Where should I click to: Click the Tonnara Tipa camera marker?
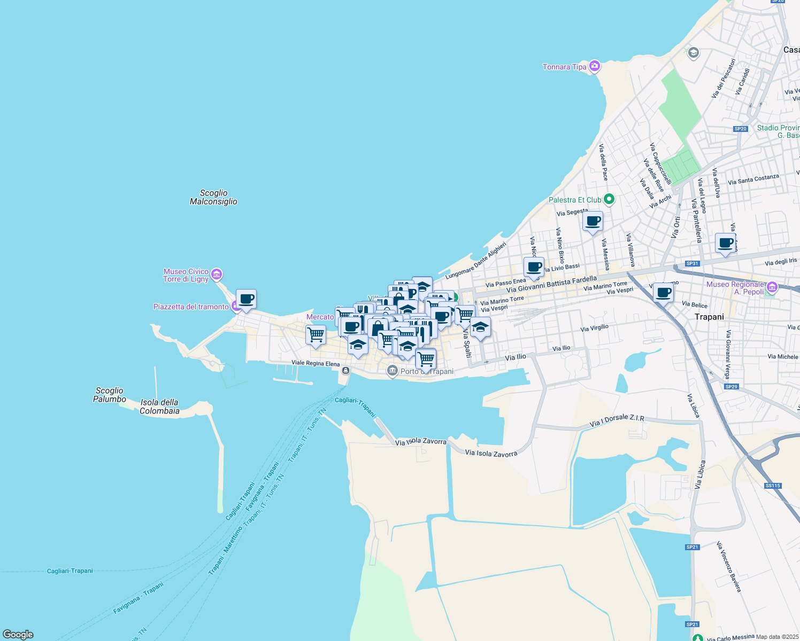click(x=594, y=66)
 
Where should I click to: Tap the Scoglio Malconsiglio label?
click(x=213, y=197)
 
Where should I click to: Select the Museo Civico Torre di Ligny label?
click(x=186, y=275)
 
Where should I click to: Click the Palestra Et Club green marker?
click(x=609, y=200)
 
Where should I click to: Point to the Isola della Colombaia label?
click(x=159, y=407)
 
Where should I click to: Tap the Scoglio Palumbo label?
click(x=110, y=395)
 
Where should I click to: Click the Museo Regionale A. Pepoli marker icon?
click(x=772, y=287)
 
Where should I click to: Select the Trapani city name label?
click(x=709, y=317)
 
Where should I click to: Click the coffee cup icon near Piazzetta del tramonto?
click(x=246, y=299)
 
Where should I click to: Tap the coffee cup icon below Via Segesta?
click(x=593, y=221)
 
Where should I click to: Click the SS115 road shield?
click(x=773, y=486)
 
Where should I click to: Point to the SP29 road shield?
click(x=731, y=386)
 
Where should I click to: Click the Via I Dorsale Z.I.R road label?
click(x=617, y=420)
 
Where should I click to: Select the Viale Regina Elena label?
click(x=316, y=364)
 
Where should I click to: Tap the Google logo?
click(x=18, y=634)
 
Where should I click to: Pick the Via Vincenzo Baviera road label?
click(x=729, y=567)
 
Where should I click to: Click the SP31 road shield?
click(x=693, y=263)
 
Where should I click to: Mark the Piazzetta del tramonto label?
click(x=191, y=307)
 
